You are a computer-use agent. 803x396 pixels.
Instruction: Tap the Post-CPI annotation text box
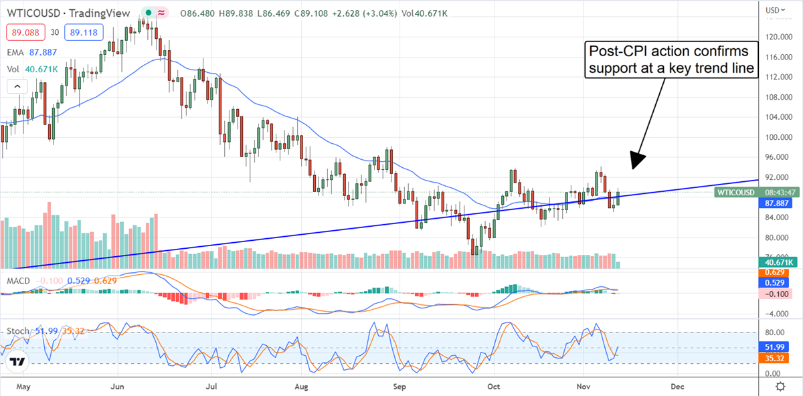pyautogui.click(x=671, y=60)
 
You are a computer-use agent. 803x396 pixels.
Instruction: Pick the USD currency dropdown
pyautogui.click(x=775, y=10)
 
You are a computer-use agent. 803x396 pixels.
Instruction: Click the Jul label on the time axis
pyautogui.click(x=212, y=387)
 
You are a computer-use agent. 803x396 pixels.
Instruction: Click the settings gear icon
pyautogui.click(x=780, y=387)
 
